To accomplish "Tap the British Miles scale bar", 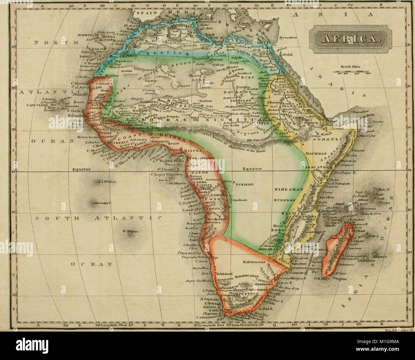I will coord(351,73).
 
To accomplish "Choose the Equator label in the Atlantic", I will coord(82,169).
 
